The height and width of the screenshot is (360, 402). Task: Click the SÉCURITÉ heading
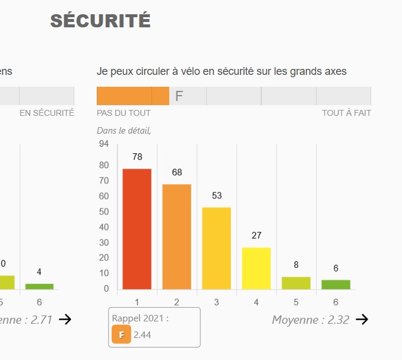100,21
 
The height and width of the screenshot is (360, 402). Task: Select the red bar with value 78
137,229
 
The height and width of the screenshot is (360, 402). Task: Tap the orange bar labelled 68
177,236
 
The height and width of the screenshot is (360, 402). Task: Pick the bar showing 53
217,248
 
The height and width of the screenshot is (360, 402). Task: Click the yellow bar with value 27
257,268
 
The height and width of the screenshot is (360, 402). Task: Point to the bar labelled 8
296,283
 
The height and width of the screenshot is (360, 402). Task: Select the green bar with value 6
336,285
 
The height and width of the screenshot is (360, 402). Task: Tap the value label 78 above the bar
137,157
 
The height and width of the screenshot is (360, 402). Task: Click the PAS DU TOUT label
124,113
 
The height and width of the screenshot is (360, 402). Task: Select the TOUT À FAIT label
346,113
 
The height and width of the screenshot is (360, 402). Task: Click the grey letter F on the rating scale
179,96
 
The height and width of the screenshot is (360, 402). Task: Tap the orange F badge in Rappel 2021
121,335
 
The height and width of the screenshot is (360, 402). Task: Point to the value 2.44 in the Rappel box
143,335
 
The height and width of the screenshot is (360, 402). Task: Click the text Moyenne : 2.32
311,320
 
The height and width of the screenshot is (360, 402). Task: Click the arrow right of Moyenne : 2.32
362,320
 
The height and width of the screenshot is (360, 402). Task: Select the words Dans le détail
124,131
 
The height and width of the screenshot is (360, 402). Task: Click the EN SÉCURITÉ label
47,113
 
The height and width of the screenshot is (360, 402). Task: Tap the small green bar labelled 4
39,286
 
